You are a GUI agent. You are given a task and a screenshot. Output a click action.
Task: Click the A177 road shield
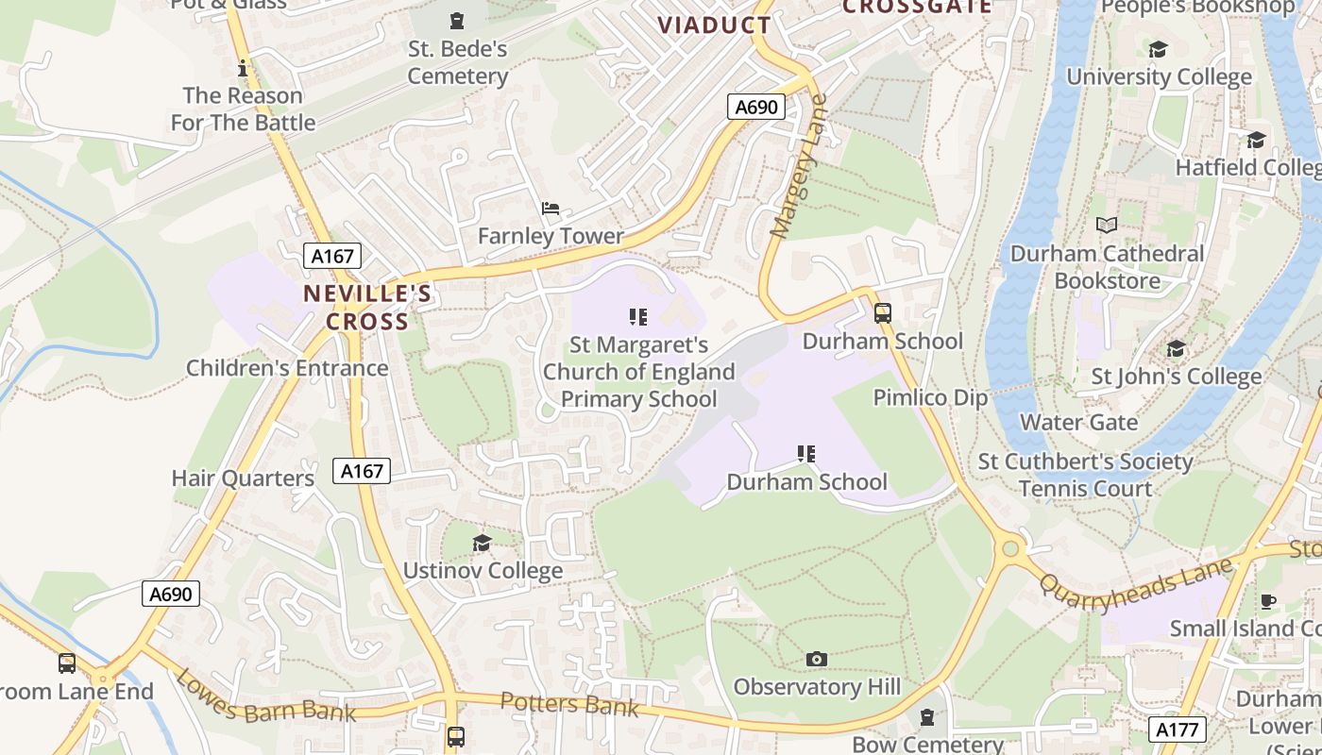1178,730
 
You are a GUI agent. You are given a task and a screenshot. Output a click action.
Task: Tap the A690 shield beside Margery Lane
757,107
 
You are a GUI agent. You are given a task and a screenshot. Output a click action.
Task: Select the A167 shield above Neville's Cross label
332,256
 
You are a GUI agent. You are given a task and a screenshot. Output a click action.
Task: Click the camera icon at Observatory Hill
817,659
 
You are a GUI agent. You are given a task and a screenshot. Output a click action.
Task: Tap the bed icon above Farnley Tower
551,209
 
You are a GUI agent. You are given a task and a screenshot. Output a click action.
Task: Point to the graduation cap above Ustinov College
482,543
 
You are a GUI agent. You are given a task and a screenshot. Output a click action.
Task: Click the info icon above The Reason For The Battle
243,68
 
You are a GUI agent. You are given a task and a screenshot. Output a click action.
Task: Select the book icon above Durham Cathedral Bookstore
1107,225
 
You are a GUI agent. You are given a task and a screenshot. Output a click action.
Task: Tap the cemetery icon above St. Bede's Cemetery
457,20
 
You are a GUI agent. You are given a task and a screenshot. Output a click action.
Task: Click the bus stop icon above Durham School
883,313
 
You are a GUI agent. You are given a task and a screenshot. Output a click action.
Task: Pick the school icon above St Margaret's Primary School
638,317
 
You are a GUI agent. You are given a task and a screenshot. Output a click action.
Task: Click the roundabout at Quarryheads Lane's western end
1011,547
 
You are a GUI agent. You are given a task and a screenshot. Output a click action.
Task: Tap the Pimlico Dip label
930,397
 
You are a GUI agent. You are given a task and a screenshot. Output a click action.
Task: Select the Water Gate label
1078,422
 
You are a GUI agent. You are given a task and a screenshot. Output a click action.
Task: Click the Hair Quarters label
243,478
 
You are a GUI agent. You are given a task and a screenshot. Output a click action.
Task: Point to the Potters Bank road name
569,704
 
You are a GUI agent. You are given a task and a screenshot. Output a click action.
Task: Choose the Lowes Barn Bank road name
266,697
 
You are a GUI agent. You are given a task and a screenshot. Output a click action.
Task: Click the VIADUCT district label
714,25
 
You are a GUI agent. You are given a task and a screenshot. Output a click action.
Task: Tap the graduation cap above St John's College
1176,349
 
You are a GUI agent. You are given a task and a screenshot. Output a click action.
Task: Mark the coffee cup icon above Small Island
1268,601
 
